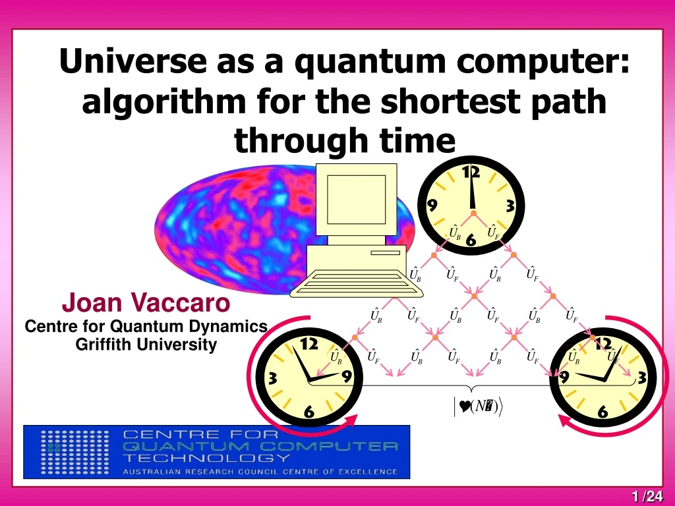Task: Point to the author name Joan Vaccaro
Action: [x=146, y=304]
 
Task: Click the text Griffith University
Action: [x=146, y=345]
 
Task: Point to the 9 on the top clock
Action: [x=432, y=206]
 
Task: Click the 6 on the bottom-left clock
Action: [x=308, y=412]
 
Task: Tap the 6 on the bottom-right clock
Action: [x=602, y=412]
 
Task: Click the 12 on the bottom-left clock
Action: [x=309, y=344]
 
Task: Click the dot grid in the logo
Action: [x=71, y=452]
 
